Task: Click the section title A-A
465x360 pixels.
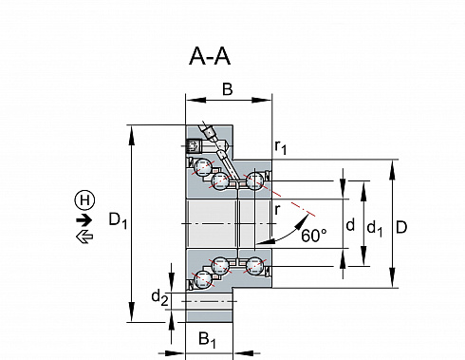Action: click(210, 56)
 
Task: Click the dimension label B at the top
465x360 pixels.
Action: click(228, 89)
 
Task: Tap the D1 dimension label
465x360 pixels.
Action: click(118, 219)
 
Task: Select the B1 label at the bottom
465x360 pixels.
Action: click(207, 339)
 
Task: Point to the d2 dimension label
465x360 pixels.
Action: click(160, 298)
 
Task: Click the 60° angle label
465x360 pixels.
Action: click(314, 236)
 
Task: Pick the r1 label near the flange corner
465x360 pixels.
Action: click(281, 147)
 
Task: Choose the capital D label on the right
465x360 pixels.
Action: click(401, 227)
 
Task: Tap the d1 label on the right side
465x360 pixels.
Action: click(375, 229)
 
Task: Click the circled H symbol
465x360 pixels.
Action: click(84, 200)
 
